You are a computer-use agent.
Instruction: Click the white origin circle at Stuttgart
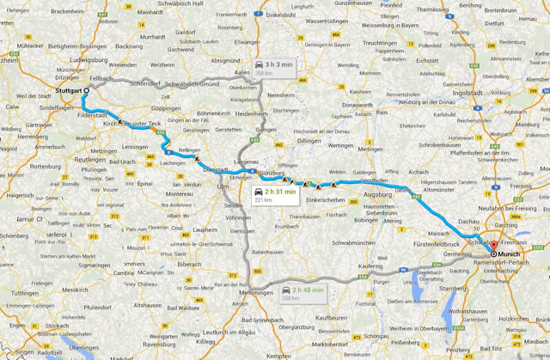87,90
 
